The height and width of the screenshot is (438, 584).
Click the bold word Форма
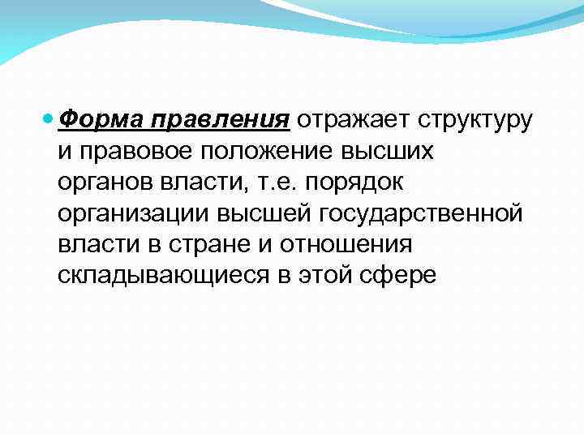pyautogui.click(x=91, y=120)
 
